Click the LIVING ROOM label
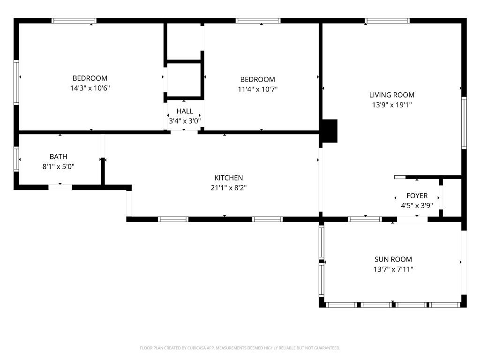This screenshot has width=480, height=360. coord(391,95)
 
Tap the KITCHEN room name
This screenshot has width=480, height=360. coord(228,178)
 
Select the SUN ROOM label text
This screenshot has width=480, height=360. coord(393,259)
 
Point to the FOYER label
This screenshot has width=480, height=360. coord(417,195)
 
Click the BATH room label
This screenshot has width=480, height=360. coord(58,157)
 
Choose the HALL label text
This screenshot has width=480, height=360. coord(185,111)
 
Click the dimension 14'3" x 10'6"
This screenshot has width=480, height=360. coord(90,88)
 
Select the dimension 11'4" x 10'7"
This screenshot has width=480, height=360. coord(257,89)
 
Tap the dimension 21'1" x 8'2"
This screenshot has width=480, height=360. coord(228,188)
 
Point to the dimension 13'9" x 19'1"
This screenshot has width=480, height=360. coord(391,105)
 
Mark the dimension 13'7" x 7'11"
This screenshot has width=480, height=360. coord(393,270)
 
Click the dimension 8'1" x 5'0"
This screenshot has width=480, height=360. coord(58,166)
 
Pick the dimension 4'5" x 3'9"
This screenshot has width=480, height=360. coord(417,205)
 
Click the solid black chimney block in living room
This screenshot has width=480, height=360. coord(330,131)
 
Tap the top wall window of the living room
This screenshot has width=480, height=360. coord(387,21)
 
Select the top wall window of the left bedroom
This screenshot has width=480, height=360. coord(74,21)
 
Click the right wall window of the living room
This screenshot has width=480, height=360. coord(464,123)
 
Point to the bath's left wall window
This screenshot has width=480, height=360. coord(16,159)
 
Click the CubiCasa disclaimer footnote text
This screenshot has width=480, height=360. coord(240,348)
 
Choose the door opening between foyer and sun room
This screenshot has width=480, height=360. coord(412,219)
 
